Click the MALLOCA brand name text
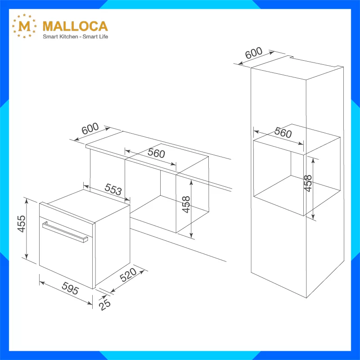point(75,26)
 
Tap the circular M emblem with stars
point(24,26)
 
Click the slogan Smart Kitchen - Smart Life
point(75,36)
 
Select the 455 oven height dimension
point(22,224)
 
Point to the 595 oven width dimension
point(70,288)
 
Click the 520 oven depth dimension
point(128,274)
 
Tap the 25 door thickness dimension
point(105,305)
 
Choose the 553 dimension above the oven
point(113,189)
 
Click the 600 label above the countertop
point(90,128)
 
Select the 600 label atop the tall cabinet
point(253,53)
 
